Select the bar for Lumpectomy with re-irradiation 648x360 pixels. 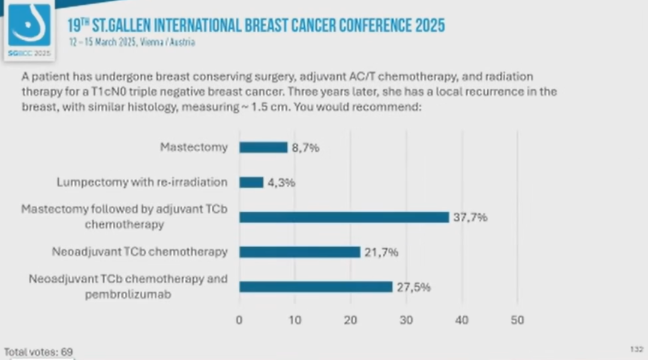(x=251, y=182)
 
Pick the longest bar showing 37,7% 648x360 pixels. (x=344, y=217)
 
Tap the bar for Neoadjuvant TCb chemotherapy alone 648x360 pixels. (x=299, y=252)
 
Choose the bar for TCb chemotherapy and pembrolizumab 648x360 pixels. (x=316, y=287)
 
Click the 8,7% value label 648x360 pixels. (x=305, y=148)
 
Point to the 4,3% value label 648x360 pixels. (x=281, y=182)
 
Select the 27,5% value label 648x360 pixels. (x=413, y=287)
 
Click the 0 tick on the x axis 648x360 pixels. (x=239, y=320)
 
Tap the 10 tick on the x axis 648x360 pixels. (x=295, y=320)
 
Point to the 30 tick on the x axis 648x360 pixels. (x=406, y=320)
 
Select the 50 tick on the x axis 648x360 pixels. (x=517, y=320)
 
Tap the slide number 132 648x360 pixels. (x=637, y=349)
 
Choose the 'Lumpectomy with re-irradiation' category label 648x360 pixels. (x=142, y=182)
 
